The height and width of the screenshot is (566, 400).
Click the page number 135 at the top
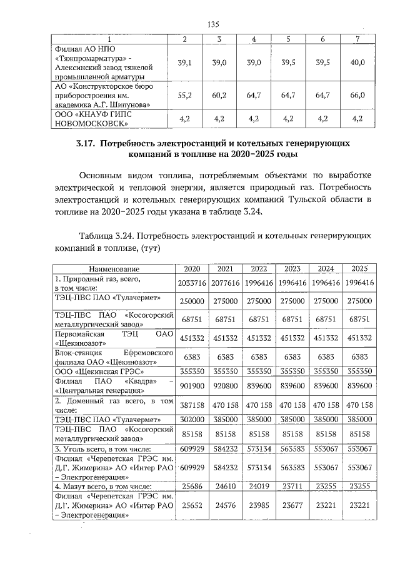212,24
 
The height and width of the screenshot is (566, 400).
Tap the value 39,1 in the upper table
185,63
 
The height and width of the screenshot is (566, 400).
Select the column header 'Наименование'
113,268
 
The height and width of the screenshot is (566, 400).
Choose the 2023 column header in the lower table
292,268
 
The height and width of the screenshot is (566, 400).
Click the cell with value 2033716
192,283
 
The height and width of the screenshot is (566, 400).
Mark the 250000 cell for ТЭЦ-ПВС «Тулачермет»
192,301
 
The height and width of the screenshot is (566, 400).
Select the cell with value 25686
192,486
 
